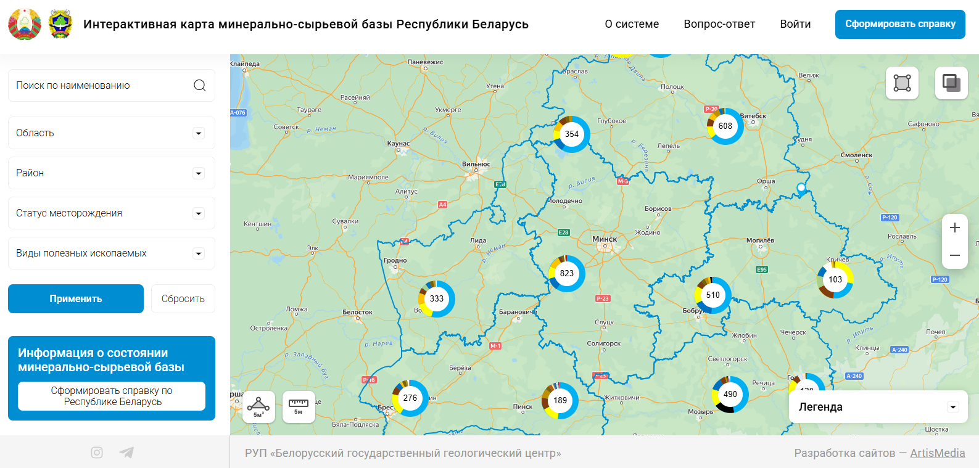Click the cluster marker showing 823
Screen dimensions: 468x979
click(567, 273)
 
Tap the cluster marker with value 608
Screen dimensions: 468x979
click(725, 126)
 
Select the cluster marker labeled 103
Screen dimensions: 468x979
click(835, 279)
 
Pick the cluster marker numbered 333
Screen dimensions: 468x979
click(437, 298)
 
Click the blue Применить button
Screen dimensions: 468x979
click(76, 298)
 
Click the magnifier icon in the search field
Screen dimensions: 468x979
click(199, 85)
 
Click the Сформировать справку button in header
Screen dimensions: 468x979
click(900, 24)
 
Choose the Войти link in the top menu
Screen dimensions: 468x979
click(795, 24)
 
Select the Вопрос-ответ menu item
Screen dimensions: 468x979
click(719, 24)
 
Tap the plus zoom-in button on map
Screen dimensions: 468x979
click(954, 228)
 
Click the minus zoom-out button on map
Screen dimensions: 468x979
click(954, 255)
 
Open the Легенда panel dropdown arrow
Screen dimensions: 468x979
click(953, 407)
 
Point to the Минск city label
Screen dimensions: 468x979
click(605, 239)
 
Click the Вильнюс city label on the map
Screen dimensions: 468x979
click(476, 164)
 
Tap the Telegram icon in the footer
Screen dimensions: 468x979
click(126, 453)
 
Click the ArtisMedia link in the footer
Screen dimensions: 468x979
click(937, 453)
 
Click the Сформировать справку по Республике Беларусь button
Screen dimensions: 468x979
click(112, 396)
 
